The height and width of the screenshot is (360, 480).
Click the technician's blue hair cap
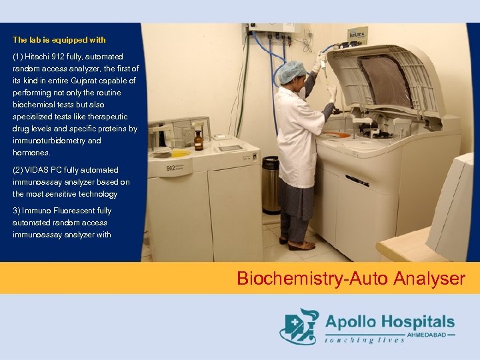coord(291,71)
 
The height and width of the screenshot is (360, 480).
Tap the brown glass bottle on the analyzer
coord(198,140)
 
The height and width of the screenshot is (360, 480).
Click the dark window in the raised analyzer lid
coord(386,80)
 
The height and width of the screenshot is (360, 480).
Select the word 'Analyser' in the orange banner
coord(429,278)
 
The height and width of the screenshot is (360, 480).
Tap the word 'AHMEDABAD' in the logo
coord(429,335)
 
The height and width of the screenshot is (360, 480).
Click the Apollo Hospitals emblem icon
coord(299,327)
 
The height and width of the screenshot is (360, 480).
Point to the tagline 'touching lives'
coord(365,340)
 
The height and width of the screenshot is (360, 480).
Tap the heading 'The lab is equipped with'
coord(59,40)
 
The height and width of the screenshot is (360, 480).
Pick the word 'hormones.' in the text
coord(31,153)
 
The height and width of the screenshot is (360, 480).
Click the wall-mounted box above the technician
coord(273,30)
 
